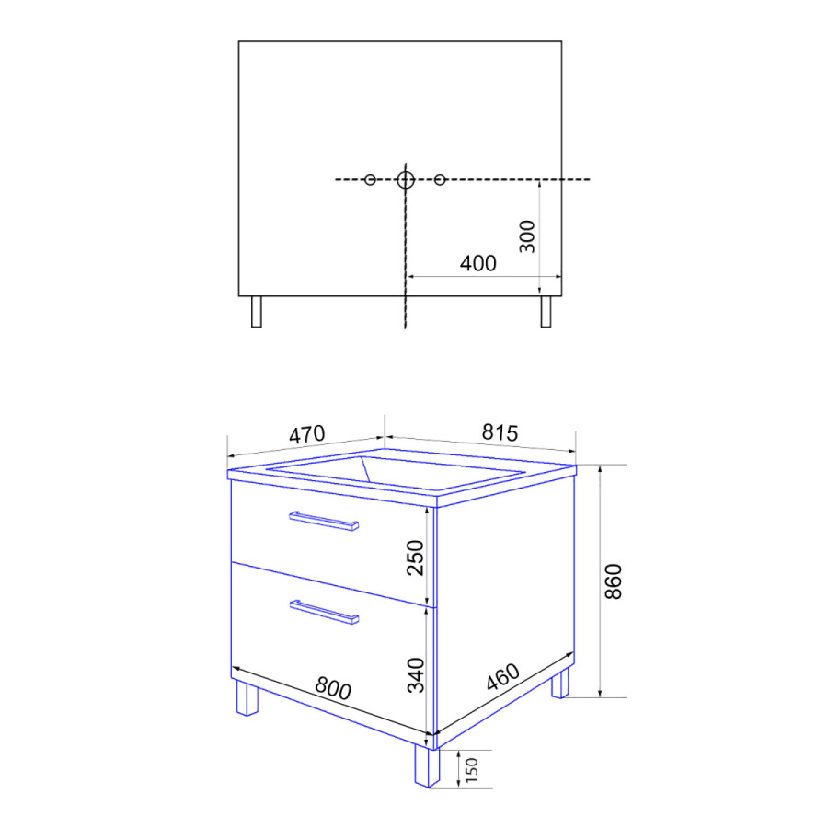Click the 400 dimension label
point(477,263)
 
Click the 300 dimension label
point(527,236)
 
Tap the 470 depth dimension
point(306,434)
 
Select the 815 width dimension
point(500,433)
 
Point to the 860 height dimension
point(614,581)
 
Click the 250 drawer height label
point(416,558)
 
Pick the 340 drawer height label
point(416,675)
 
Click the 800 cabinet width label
point(333,688)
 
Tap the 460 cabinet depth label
point(502,676)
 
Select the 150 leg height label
point(472,770)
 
